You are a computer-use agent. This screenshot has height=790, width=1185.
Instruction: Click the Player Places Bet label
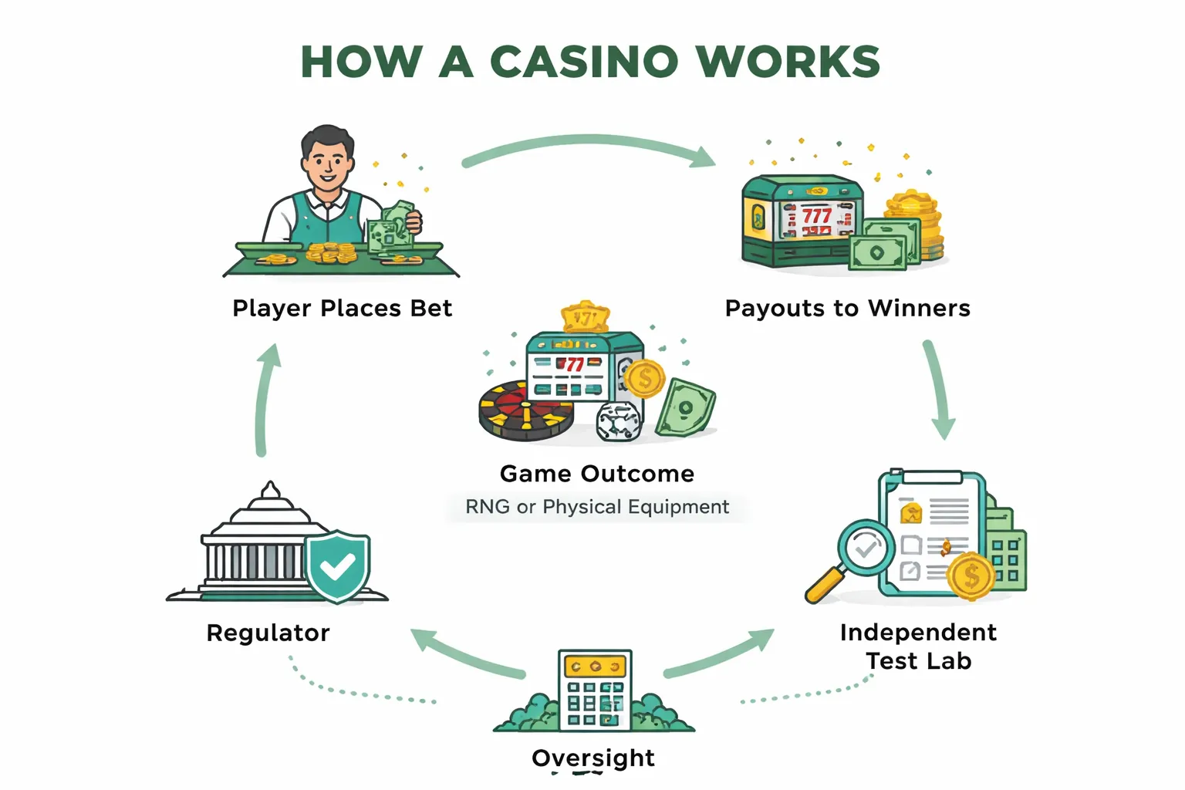coord(342,308)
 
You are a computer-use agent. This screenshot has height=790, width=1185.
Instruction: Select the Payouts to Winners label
coord(847,308)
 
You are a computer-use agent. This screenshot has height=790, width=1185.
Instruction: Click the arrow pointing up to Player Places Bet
coord(264,401)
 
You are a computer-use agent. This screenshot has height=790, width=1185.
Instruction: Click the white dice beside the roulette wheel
coord(620,421)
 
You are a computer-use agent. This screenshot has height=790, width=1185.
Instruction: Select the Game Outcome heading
coord(596,473)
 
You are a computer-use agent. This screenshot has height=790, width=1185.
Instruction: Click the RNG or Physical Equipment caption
coord(596,507)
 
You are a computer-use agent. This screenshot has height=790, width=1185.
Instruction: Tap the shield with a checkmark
coord(337,566)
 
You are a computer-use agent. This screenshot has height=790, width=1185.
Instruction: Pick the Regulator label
coord(268,633)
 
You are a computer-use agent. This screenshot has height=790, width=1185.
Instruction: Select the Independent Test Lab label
coord(918,647)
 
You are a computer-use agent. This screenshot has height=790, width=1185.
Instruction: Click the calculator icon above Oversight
coord(594,690)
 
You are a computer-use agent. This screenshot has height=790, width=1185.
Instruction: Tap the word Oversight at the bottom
coord(592,758)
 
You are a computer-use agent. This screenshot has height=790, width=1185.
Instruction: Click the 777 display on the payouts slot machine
coord(816,215)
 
